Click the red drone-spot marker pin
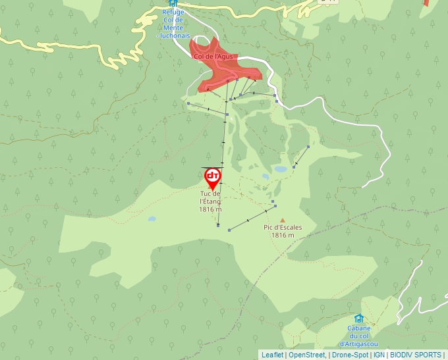[212, 176]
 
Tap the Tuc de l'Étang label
[210, 197]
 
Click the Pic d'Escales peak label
[283, 228]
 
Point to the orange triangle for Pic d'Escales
[283, 220]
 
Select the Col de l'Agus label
[214, 57]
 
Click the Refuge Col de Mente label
[173, 24]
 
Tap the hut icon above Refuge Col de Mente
[173, 3]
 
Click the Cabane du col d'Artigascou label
[358, 336]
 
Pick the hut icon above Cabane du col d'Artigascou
[358, 319]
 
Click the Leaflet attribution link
[272, 355]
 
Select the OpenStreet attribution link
[307, 355]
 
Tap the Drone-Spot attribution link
[350, 355]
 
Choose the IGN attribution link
[379, 355]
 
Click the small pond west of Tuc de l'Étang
[152, 219]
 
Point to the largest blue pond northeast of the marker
[281, 169]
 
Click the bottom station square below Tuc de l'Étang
[218, 225]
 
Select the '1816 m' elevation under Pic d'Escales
[283, 235]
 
